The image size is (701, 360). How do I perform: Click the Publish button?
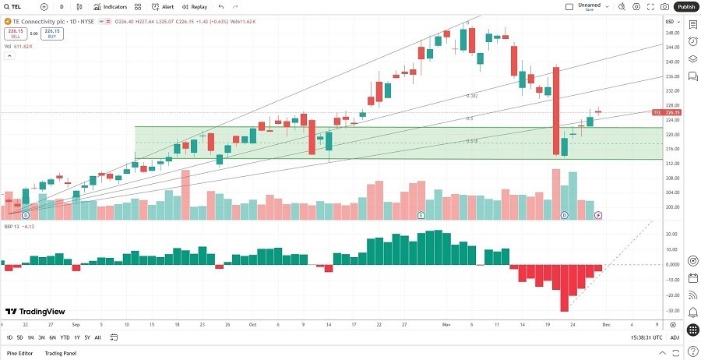click(686, 6)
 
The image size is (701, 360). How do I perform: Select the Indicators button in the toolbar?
click(111, 6)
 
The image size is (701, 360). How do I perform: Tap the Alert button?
click(164, 6)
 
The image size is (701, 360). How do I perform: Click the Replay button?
click(196, 6)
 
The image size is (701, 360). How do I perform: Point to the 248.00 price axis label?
click(671, 33)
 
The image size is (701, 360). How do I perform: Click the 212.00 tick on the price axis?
click(671, 164)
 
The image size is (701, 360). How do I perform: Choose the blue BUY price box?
click(53, 34)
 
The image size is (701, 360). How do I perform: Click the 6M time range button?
click(52, 337)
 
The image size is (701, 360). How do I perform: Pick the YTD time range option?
click(65, 337)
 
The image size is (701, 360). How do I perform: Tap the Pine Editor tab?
click(20, 353)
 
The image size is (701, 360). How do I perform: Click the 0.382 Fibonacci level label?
click(471, 96)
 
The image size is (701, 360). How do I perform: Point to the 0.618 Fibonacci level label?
click(472, 141)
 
